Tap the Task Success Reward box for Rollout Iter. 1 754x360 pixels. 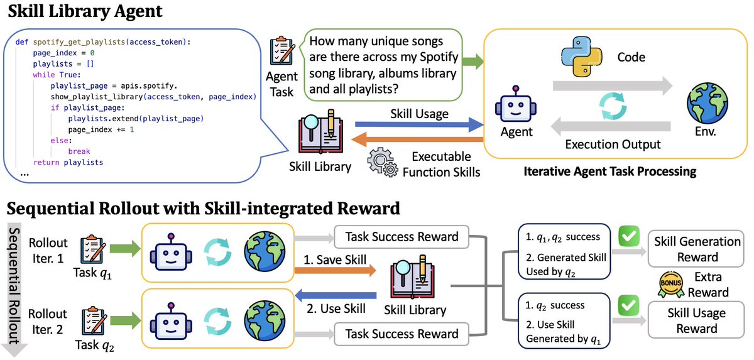[x=402, y=237]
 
